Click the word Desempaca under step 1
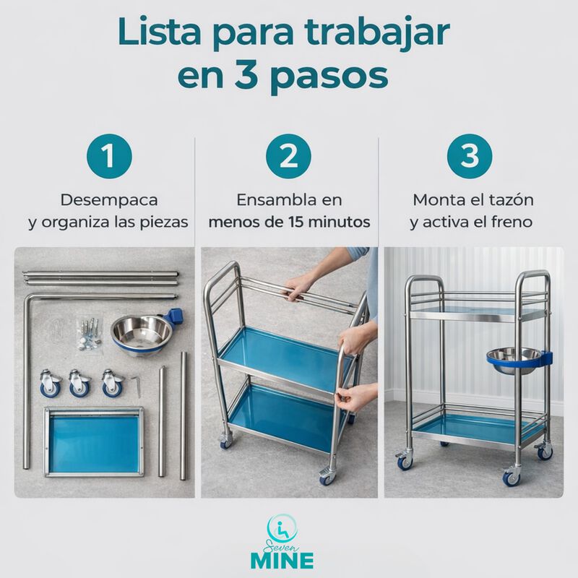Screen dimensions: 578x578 (109, 199)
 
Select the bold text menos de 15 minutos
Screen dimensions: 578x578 (290, 222)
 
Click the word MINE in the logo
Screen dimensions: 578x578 (289, 561)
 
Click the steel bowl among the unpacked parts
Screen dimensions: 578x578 (142, 334)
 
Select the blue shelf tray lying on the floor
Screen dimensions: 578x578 (93, 441)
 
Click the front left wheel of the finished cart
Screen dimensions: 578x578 (403, 460)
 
